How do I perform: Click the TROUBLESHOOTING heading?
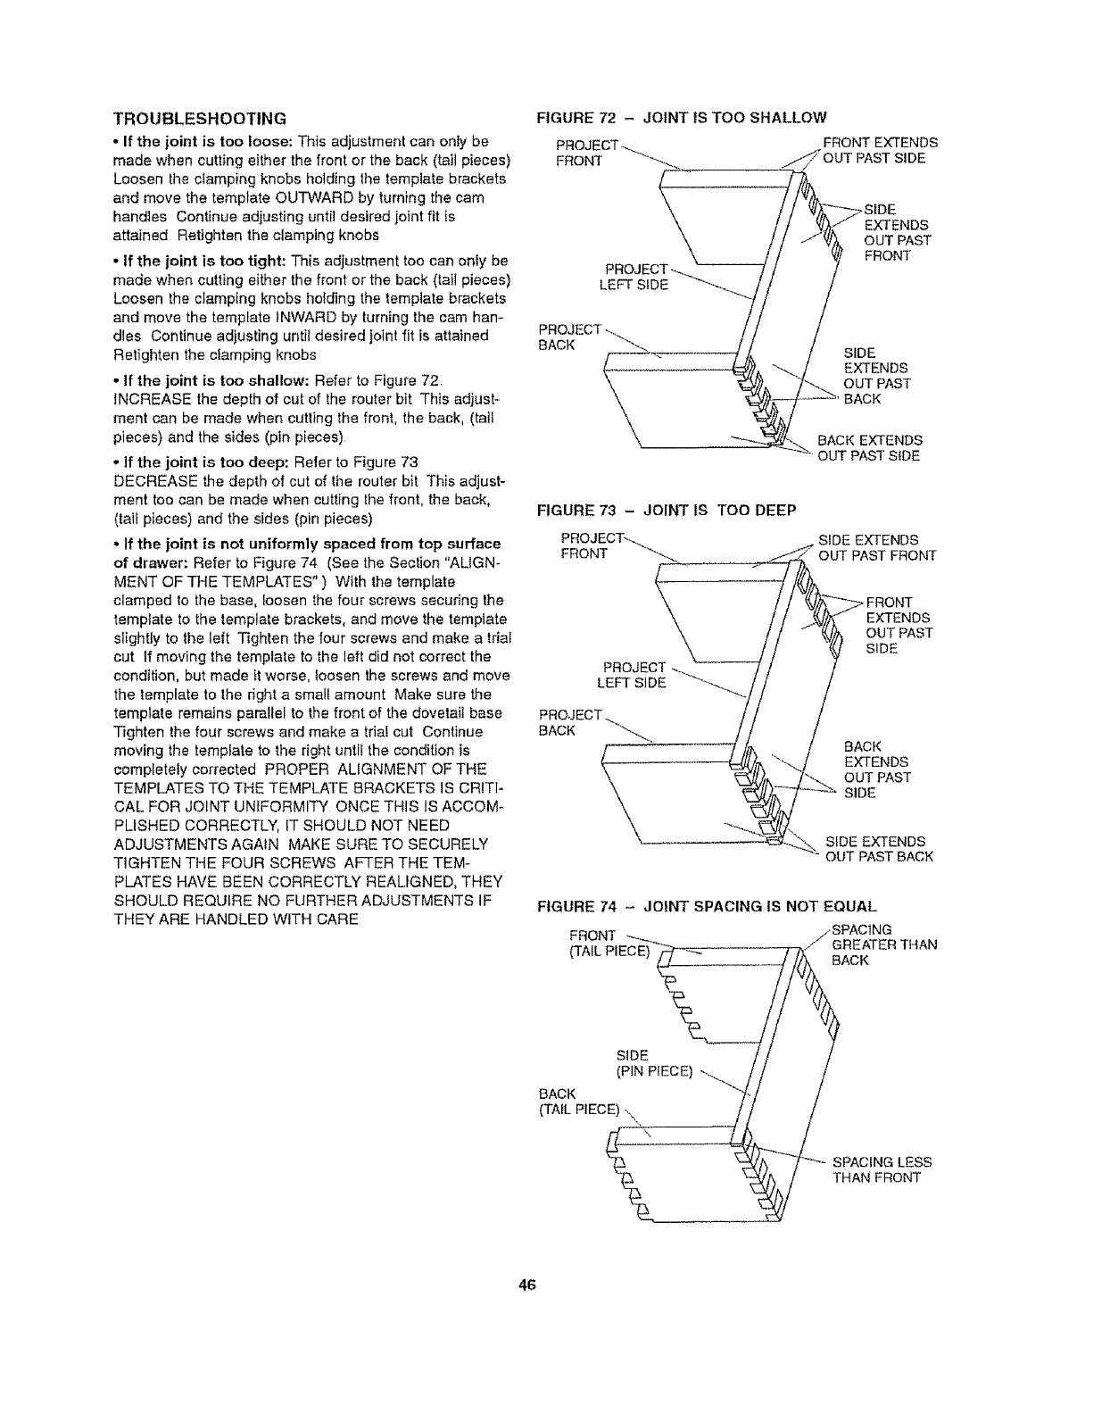click(x=199, y=118)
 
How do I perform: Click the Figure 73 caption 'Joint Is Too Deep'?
click(x=665, y=510)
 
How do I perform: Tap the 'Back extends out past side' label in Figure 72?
click(x=870, y=448)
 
